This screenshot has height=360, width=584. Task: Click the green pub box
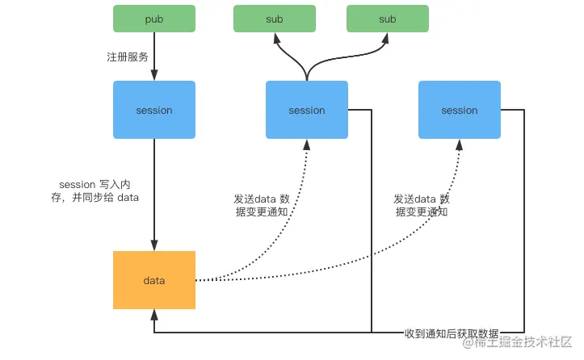click(x=153, y=19)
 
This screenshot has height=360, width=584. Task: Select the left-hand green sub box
click(x=274, y=19)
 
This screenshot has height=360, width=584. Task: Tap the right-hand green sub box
click(x=388, y=19)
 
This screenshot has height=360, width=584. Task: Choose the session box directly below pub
click(x=153, y=110)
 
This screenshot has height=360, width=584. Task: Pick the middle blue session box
click(x=306, y=110)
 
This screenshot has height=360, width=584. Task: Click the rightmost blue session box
click(x=459, y=110)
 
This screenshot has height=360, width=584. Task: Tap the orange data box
click(x=153, y=280)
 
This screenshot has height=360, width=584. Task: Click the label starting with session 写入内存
click(x=95, y=190)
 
